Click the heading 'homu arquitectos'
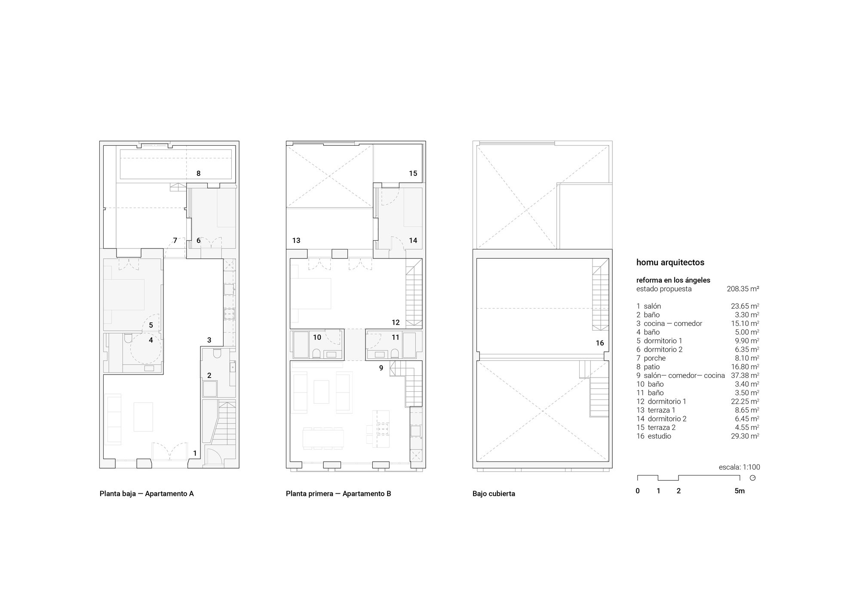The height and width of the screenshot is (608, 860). [x=670, y=262]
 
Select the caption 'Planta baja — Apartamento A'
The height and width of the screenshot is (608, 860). [x=147, y=494]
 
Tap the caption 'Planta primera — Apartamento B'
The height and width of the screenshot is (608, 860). [x=338, y=494]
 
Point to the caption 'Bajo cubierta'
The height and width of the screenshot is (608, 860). [x=494, y=494]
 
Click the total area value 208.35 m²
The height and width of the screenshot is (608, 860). [x=743, y=289]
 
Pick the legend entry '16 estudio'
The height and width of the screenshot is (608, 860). [x=654, y=436]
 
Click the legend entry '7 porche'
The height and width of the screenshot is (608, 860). [x=651, y=358]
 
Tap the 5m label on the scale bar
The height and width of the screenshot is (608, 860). [x=740, y=491]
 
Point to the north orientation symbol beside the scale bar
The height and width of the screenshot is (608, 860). [x=752, y=478]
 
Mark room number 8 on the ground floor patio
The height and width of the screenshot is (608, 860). [x=198, y=174]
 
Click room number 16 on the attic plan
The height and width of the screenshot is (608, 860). [x=600, y=343]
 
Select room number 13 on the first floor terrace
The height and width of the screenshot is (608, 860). [x=296, y=240]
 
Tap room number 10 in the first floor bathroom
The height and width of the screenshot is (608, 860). [x=317, y=338]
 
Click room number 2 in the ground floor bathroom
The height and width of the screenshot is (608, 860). [x=209, y=375]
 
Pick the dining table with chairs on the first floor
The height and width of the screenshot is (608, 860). [x=323, y=438]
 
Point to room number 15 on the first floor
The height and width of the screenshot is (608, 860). [x=413, y=174]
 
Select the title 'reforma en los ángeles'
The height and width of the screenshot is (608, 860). [x=673, y=280]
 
